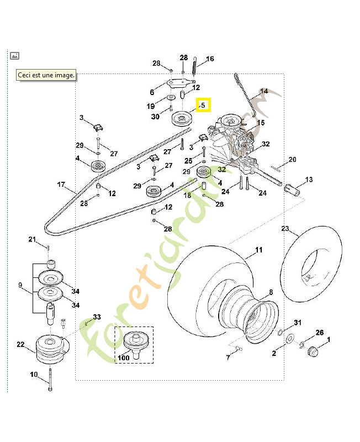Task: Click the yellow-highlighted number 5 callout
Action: (203, 104)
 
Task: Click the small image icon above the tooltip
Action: (15, 55)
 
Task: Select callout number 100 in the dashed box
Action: (124, 358)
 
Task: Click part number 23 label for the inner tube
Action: (285, 228)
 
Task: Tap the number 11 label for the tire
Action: (259, 250)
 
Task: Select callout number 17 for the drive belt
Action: (61, 184)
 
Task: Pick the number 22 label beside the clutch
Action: (20, 344)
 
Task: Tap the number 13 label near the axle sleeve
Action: (309, 180)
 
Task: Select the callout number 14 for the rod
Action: (264, 91)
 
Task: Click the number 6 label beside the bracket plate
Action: (152, 92)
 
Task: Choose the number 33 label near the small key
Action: (97, 317)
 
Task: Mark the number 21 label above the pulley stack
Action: (32, 239)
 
